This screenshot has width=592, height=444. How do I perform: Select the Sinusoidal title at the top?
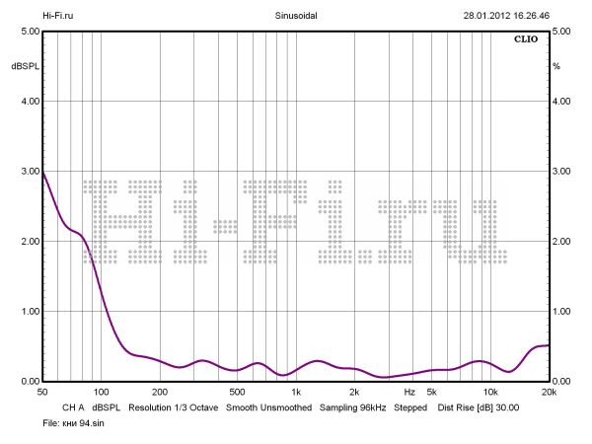296,16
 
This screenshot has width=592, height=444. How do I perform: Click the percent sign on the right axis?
556,66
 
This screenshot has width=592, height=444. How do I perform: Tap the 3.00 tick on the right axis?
562,172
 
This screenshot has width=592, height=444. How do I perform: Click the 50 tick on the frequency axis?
42,393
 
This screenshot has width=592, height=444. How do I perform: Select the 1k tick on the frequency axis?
295,393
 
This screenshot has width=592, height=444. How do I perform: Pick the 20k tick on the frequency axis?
549,393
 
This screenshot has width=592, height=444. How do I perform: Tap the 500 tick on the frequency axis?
237,393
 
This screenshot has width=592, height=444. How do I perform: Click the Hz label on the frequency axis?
409,393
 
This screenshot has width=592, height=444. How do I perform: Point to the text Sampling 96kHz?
352,407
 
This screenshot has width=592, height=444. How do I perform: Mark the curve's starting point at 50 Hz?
42,172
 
